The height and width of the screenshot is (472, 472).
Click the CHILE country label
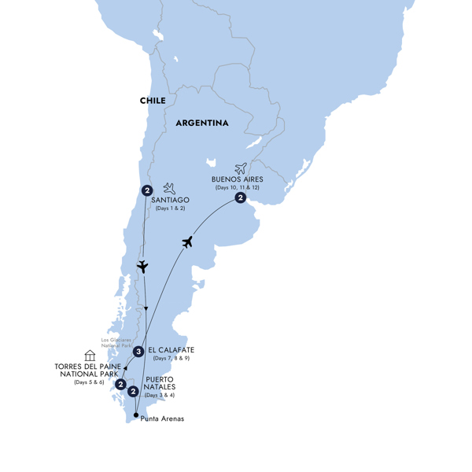153,101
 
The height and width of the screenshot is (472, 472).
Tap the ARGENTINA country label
202,124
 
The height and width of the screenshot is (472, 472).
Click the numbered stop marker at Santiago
147,190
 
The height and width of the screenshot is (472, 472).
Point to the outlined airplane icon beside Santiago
169,188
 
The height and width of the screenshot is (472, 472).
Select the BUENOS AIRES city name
238,179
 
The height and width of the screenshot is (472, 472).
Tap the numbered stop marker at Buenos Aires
241,198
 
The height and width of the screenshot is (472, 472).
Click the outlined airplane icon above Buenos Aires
241,168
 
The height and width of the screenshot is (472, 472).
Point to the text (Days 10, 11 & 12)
238,188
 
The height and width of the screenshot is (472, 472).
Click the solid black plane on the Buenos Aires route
188,242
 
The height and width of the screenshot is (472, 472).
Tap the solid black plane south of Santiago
142,267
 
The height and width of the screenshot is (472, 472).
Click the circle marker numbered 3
138,352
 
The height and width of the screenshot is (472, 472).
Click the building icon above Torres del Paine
90,356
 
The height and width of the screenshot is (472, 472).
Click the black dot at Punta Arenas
136,415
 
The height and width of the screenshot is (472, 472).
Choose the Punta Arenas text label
162,419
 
